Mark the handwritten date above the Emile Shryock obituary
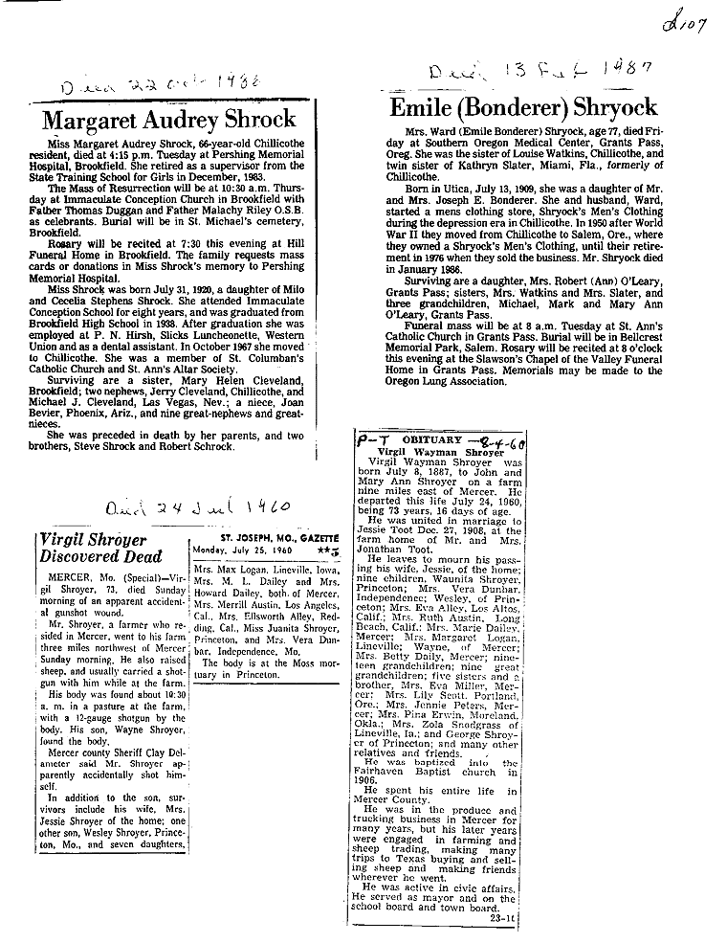coord(540,70)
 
